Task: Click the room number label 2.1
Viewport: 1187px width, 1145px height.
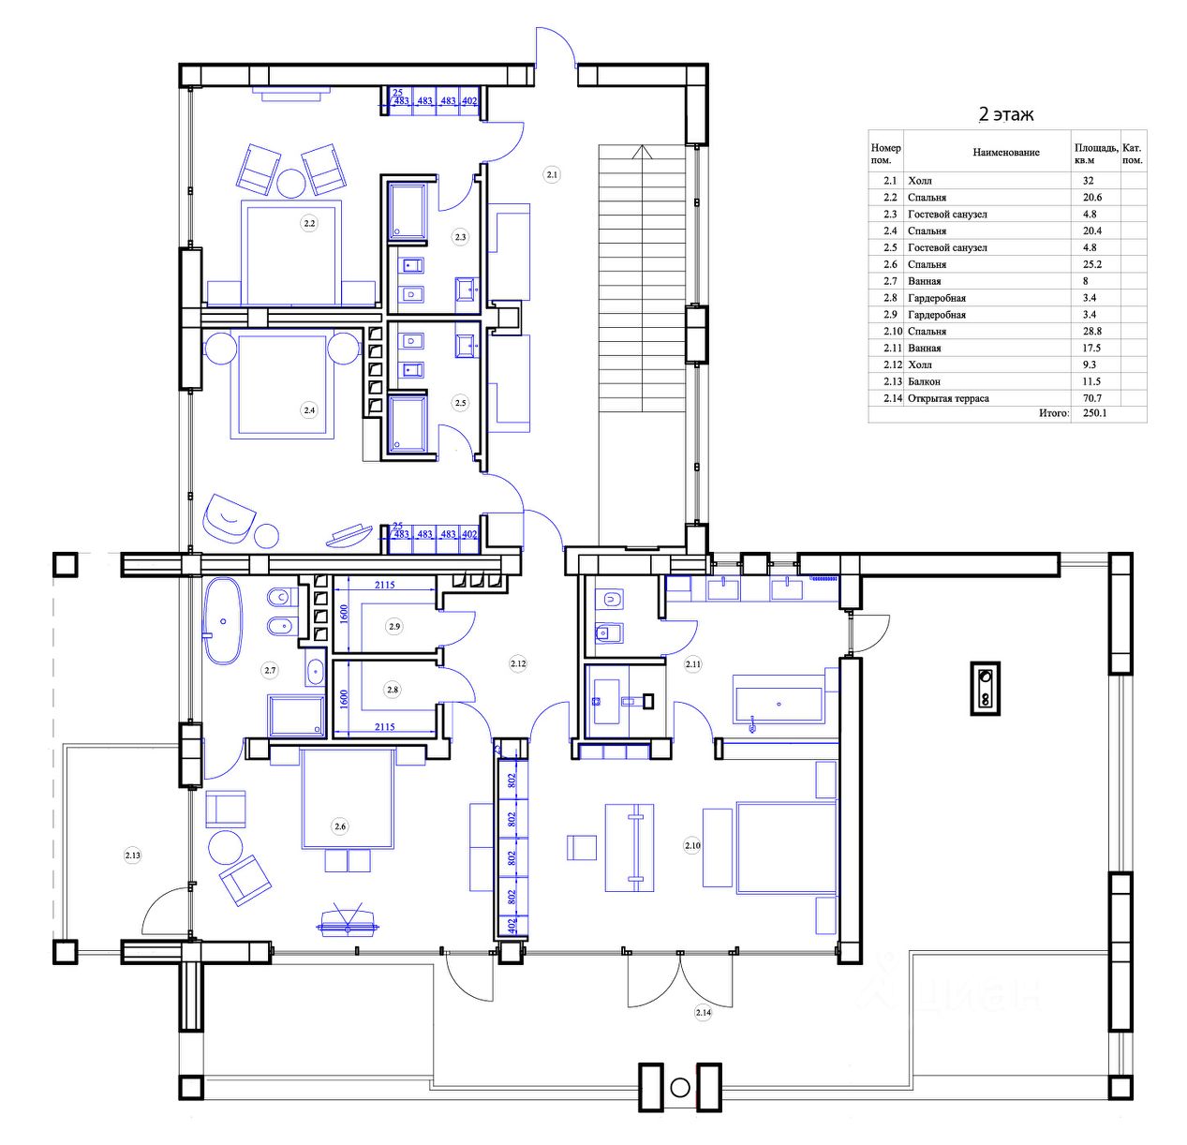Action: (552, 174)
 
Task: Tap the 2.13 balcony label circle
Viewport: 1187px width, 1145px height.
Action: (132, 855)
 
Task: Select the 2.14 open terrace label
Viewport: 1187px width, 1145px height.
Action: (703, 1013)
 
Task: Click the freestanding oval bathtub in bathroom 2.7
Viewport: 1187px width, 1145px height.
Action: (222, 620)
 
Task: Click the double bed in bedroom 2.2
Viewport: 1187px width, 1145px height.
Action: (290, 252)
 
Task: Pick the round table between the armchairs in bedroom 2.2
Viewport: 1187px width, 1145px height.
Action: (291, 182)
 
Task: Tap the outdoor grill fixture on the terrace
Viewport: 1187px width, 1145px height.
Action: (985, 688)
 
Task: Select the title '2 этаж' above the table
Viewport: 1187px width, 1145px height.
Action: (1006, 114)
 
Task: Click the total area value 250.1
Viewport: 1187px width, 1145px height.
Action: (1095, 413)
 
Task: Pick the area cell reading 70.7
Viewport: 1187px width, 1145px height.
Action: (1091, 397)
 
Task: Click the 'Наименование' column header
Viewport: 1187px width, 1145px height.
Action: (1006, 153)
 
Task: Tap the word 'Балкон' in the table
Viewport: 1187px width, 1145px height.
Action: (924, 381)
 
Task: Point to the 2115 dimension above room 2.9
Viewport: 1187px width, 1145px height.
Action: (384, 585)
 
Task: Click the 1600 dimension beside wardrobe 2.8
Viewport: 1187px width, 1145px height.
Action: (344, 699)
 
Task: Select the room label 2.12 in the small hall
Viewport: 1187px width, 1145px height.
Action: (518, 663)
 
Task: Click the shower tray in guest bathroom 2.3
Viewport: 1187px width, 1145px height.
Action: (408, 211)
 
